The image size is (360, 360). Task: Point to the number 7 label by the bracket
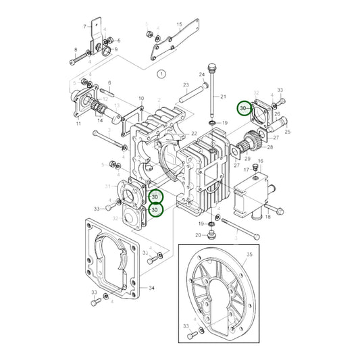coord(85,26)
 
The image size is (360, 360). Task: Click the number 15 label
coord(179,24)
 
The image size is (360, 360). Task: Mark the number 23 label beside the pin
coord(185,85)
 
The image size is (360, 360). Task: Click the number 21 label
coord(224,97)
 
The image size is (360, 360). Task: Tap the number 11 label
coord(78,125)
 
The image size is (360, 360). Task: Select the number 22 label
coord(141,99)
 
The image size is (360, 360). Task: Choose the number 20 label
coord(199,235)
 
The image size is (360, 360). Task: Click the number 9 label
coord(116,49)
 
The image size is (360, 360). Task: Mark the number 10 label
coord(141,99)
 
